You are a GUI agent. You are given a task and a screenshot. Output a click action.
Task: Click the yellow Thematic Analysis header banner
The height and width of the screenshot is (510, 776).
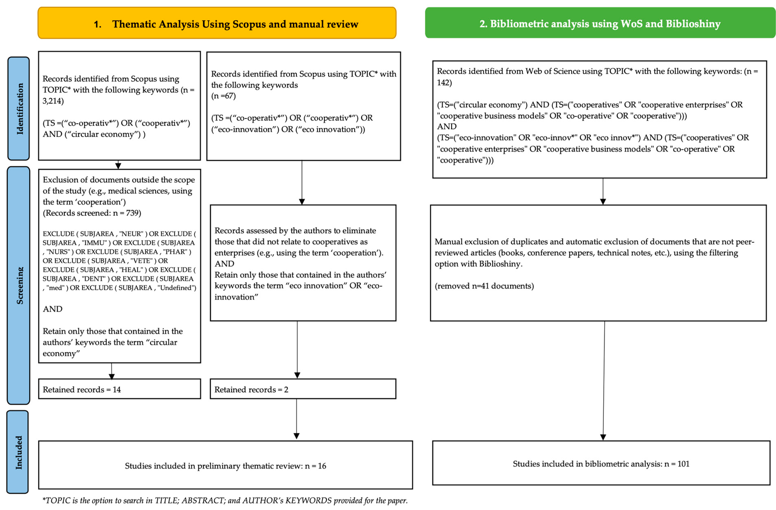pyautogui.click(x=217, y=23)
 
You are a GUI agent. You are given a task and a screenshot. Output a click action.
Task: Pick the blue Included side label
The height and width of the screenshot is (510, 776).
pyautogui.click(x=18, y=452)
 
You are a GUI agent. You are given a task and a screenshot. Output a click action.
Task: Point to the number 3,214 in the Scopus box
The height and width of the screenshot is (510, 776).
pyautogui.click(x=53, y=101)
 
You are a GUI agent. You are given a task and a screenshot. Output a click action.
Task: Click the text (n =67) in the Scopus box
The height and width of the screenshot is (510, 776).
pyautogui.click(x=223, y=96)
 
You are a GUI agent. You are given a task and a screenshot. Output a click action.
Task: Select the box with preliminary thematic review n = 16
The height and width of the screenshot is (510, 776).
pyautogui.click(x=225, y=466)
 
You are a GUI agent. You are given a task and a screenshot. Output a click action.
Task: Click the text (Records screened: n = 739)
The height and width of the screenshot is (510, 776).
pyautogui.click(x=92, y=213)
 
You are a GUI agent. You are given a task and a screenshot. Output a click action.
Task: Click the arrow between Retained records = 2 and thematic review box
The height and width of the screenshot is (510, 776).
pyautogui.click(x=296, y=419)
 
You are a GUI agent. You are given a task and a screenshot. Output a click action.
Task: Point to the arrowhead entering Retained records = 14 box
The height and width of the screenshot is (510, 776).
pyautogui.click(x=112, y=376)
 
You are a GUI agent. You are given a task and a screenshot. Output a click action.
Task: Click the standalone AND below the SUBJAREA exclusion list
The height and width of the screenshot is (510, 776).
pyautogui.click(x=53, y=309)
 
